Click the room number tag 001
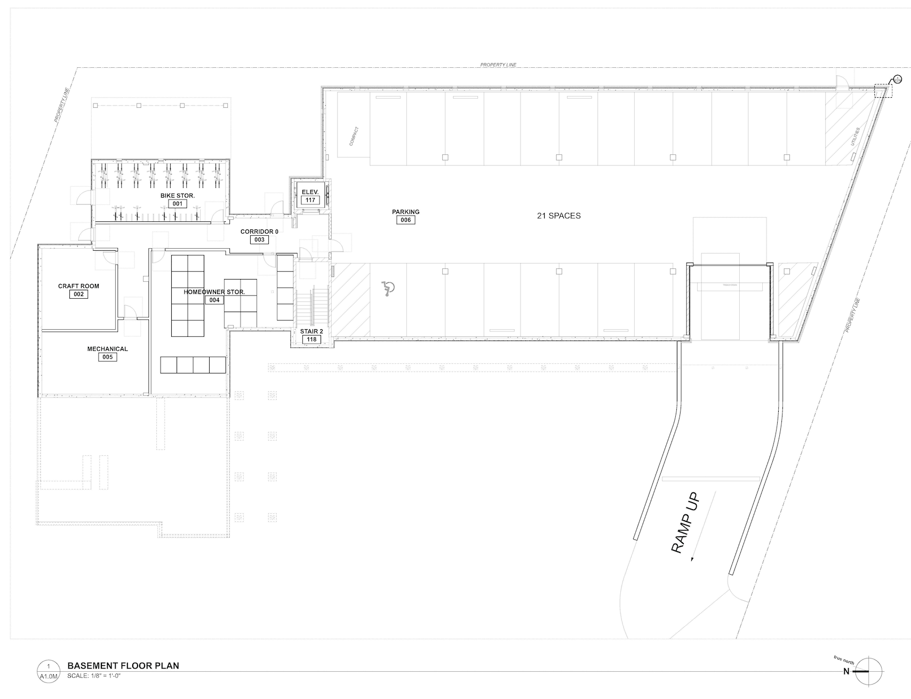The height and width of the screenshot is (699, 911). (178, 204)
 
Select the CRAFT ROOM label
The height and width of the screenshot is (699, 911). (78, 287)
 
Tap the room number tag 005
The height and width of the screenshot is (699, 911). (108, 357)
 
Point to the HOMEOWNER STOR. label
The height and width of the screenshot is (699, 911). (214, 292)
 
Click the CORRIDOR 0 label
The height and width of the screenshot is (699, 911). (259, 232)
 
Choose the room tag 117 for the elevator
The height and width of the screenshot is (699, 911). (310, 200)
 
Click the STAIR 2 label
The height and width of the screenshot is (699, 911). (311, 331)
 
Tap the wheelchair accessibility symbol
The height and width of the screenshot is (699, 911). (388, 289)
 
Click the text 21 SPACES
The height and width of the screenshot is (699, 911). (558, 216)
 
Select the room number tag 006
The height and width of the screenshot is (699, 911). (406, 220)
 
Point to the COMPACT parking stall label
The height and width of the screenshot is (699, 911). (354, 136)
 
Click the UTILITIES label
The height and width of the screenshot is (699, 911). (856, 137)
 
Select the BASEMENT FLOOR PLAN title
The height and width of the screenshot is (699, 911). (123, 665)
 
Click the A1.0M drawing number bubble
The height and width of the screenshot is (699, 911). (49, 670)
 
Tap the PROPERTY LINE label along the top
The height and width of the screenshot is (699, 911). (498, 65)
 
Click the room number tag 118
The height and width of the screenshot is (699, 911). (311, 339)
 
